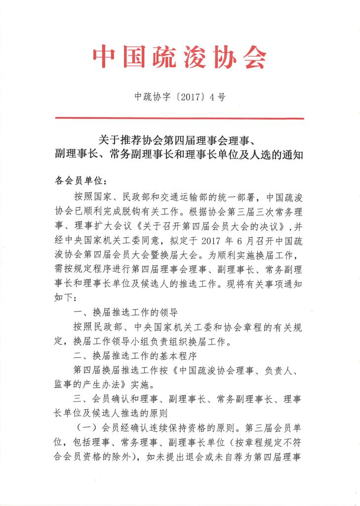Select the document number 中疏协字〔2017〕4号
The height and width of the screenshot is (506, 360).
point(180,97)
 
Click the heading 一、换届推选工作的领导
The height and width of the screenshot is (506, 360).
point(124,312)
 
